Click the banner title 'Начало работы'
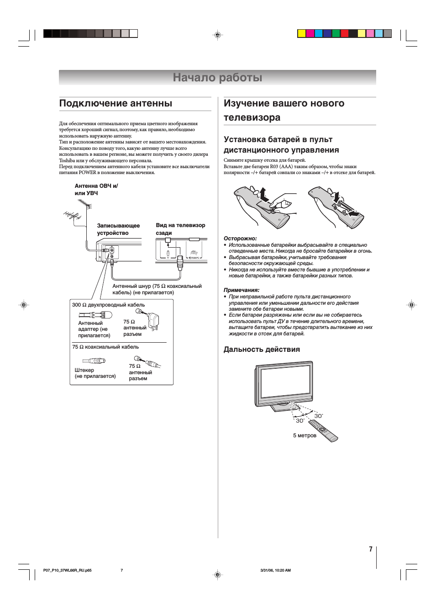coord(217,78)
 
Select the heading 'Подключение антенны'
coord(116,104)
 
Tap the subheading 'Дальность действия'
coord(262,350)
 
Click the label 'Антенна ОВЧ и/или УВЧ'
coord(96,190)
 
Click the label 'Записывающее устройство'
coord(118,229)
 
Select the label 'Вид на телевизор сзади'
coord(180,229)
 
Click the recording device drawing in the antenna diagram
coord(119,252)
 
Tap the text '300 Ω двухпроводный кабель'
coord(108,305)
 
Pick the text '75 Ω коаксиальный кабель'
coord(105,347)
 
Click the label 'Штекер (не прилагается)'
coord(95,373)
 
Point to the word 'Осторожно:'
coord(240,239)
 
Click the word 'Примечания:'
coord(242,290)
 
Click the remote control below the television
coord(323,430)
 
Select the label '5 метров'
coord(305,435)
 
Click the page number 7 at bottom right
coord(371,549)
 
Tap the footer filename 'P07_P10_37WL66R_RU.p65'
coord(67,570)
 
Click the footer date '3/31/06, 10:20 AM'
coord(275,570)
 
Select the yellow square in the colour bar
coord(301,33)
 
